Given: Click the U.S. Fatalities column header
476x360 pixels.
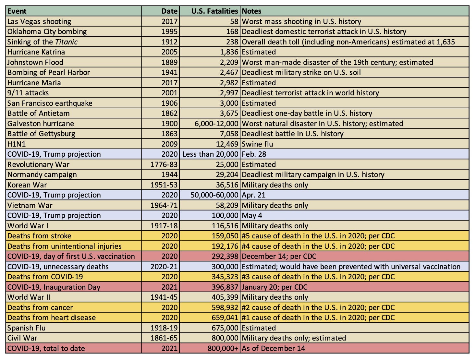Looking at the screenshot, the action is click(214, 11).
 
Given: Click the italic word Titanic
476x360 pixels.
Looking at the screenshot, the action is click(66, 42).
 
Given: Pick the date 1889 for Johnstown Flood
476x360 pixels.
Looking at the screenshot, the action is click(169, 62).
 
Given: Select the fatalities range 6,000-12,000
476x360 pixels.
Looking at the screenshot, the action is click(216, 124).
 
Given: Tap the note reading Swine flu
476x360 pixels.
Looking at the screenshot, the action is click(257, 144).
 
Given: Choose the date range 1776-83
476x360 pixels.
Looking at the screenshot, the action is click(164, 164).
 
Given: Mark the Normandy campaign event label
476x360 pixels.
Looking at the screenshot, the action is click(42, 175).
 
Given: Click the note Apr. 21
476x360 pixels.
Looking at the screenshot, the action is click(253, 195).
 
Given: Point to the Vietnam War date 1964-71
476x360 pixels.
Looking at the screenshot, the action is click(164, 205).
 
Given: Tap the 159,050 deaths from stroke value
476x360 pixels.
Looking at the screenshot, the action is click(225, 236).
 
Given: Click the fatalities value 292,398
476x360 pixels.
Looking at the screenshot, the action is click(225, 257).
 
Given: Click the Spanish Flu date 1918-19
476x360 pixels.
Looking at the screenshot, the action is click(164, 328).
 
